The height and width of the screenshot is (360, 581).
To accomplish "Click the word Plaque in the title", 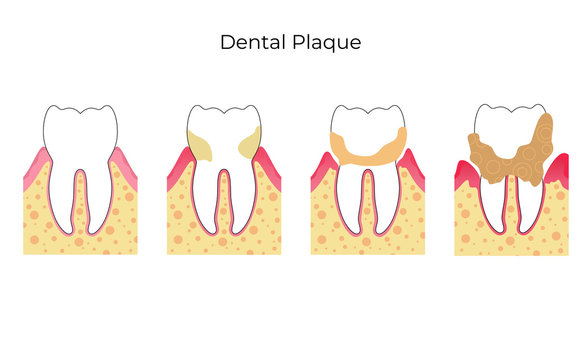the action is click(328, 44).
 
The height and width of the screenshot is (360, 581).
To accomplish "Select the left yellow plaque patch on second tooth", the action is click(201, 146).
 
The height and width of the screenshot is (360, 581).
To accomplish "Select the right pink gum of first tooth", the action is click(124, 166).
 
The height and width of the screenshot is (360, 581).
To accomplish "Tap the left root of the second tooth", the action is click(206, 200).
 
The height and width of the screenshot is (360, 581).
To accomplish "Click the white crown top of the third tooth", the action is click(366, 120).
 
